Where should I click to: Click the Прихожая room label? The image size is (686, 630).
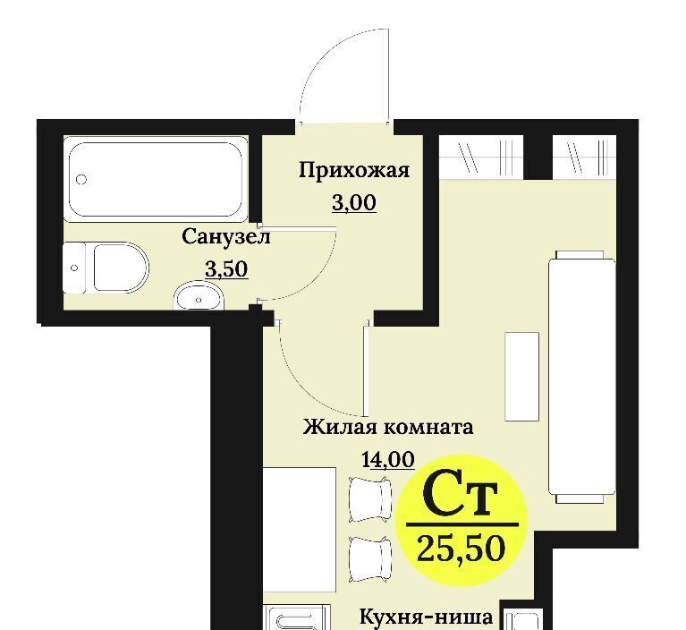coord(354,170)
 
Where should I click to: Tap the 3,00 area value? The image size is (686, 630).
coord(354,203)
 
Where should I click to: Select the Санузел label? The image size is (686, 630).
coord(226,237)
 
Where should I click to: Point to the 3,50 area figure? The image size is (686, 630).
coord(226,268)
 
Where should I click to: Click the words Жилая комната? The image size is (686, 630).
coord(388,427)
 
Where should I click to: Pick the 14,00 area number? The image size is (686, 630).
coord(388,460)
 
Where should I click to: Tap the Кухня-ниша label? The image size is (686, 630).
coord(426,617)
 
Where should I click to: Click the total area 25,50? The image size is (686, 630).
coord(462,549)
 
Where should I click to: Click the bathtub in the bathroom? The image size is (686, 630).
coord(156,179)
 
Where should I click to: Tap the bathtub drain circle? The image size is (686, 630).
coord(81,179)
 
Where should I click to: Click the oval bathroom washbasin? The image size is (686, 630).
coord(199,296)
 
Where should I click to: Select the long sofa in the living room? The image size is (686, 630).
coord(582,378)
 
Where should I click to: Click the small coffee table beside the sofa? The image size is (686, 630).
coord(522,377)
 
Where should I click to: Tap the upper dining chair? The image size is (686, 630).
coord(369,499)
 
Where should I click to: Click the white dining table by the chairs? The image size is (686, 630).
coord(300,530)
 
